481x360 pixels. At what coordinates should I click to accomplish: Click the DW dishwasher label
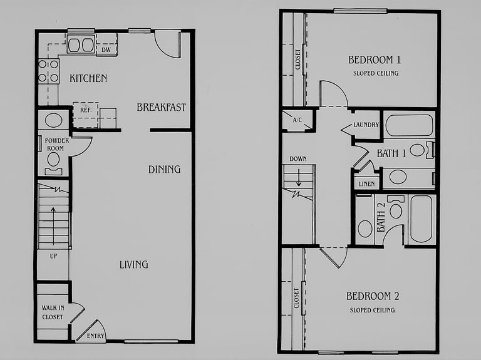point(106,49)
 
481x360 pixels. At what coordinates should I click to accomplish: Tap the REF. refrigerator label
point(86,110)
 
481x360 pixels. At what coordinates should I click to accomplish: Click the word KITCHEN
point(88,78)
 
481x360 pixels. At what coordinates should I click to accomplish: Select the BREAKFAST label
point(162,107)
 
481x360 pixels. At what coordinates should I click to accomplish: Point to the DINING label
point(165,169)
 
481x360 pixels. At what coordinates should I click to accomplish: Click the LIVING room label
point(134,265)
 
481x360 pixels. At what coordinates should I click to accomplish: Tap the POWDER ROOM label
point(56,145)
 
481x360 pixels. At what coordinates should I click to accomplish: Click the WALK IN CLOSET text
point(53,312)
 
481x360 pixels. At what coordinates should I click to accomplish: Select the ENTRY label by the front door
point(95,336)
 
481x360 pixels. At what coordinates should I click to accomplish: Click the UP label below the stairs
point(53,255)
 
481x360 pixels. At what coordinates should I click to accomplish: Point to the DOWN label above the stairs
point(298,159)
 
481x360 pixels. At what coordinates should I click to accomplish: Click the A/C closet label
point(297,120)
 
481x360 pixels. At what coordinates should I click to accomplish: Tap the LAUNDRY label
point(366,125)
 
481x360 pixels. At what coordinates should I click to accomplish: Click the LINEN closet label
point(366,184)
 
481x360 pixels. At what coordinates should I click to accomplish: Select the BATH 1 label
point(391,153)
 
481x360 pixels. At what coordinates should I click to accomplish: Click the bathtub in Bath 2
point(421,219)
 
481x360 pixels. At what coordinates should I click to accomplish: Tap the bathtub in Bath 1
point(409,126)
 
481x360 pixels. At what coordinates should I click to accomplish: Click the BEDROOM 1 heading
point(375,59)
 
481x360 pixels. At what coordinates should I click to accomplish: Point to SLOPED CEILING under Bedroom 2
point(373,311)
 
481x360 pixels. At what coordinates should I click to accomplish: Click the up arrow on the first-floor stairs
point(53,226)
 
